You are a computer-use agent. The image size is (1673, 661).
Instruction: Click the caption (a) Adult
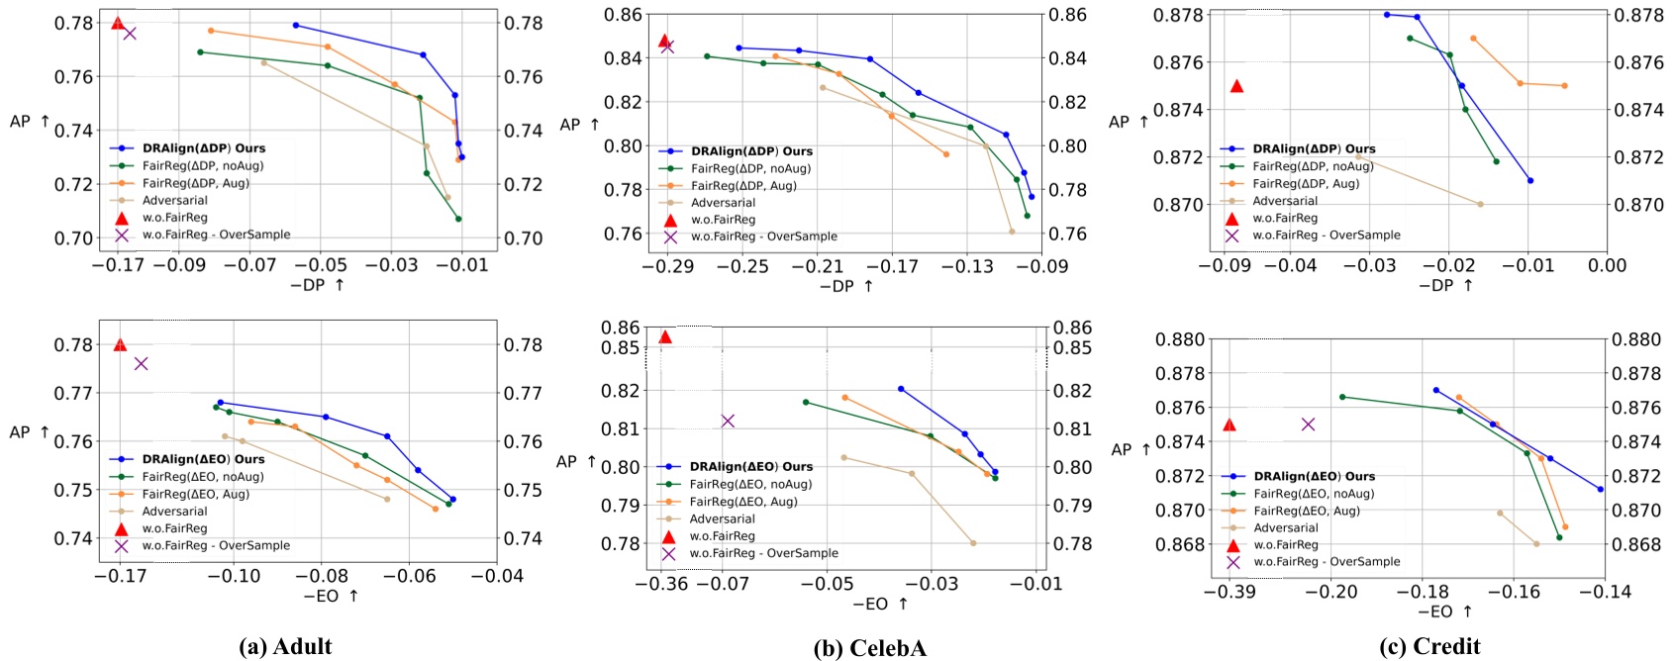pyautogui.click(x=285, y=647)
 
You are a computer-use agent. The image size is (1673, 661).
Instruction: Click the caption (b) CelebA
pyautogui.click(x=869, y=648)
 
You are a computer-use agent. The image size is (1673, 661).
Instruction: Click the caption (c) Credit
pyautogui.click(x=1429, y=647)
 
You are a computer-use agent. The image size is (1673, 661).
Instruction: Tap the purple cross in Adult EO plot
pyautogui.click(x=141, y=363)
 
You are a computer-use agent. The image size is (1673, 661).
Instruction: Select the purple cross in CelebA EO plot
pyautogui.click(x=728, y=421)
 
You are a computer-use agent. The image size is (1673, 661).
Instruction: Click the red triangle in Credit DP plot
pyautogui.click(x=1236, y=86)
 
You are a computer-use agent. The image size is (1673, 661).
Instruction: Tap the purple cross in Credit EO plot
pyautogui.click(x=1308, y=424)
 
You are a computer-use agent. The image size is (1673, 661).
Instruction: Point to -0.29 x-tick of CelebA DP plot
pyautogui.click(x=666, y=266)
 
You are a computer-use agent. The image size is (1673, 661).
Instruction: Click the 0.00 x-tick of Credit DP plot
pyautogui.click(x=1607, y=264)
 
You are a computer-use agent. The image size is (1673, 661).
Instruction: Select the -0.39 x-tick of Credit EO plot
pyautogui.click(x=1229, y=592)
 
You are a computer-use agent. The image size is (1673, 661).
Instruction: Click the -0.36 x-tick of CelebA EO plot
pyautogui.click(x=665, y=584)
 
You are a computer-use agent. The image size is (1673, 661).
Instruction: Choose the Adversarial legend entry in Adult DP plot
pyautogui.click(x=174, y=200)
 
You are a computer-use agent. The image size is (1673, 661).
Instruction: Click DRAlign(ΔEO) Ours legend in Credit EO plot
pyautogui.click(x=1314, y=476)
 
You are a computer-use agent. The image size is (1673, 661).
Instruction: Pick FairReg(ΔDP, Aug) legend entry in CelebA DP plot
pyautogui.click(x=743, y=185)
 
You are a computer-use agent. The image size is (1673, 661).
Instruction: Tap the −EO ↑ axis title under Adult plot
pyautogui.click(x=331, y=596)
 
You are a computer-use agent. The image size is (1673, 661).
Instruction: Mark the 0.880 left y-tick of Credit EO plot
pyautogui.click(x=1180, y=339)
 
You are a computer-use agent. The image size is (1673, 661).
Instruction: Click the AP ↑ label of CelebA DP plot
pyautogui.click(x=580, y=125)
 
